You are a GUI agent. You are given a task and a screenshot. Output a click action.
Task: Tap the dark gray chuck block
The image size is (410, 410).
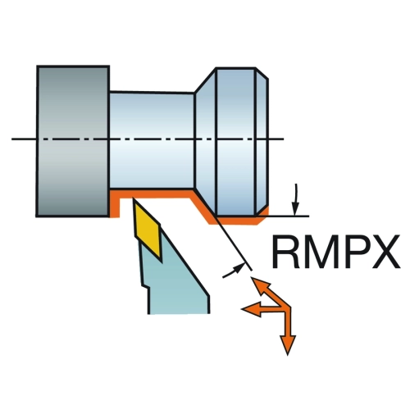(x=73, y=141)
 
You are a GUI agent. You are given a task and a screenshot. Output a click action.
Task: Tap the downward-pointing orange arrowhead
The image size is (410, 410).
(x=288, y=344)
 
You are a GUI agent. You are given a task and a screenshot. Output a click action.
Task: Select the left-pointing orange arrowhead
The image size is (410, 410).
(x=252, y=309)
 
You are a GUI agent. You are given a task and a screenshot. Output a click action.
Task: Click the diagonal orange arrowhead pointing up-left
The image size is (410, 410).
(x=261, y=286)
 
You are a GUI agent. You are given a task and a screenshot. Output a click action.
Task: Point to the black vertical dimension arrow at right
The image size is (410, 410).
(x=295, y=200)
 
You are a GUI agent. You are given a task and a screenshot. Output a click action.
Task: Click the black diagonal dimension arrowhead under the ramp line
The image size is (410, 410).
(x=238, y=269)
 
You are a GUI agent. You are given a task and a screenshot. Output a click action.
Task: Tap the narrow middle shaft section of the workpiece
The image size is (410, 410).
(x=152, y=140)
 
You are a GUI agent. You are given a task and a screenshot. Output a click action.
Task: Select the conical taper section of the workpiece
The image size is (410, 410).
(x=206, y=141)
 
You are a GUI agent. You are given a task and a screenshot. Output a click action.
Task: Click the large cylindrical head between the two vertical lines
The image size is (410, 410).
(x=236, y=141)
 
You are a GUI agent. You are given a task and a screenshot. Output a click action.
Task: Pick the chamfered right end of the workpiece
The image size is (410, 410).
(x=262, y=141)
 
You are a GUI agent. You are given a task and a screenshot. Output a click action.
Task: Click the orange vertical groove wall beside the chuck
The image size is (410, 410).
(x=115, y=204)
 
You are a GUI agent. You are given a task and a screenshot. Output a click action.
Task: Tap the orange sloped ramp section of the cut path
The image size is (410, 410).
(x=203, y=207)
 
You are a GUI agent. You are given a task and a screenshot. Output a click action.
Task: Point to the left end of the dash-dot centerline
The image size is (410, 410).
(x=12, y=139)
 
